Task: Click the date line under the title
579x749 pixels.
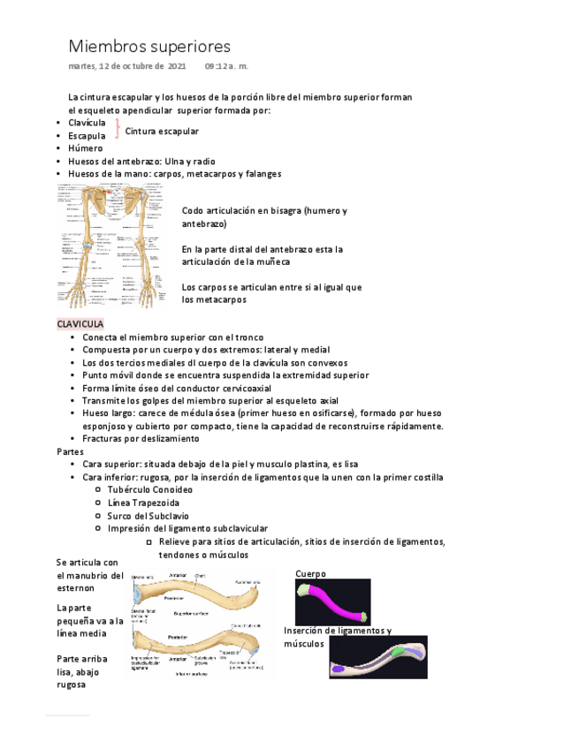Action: point(158,67)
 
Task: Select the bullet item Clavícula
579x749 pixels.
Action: point(87,123)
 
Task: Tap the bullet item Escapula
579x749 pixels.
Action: point(87,136)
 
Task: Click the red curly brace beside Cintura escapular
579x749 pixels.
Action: point(118,130)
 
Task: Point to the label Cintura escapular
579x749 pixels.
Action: point(162,131)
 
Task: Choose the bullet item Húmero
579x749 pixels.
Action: point(85,148)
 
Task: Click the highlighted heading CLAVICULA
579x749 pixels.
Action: point(80,324)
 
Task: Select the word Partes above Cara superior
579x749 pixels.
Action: point(71,451)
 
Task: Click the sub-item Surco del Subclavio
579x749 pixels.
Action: point(147,516)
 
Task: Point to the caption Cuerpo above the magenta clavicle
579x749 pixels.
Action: point(311,574)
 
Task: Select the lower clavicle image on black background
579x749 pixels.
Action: point(377,657)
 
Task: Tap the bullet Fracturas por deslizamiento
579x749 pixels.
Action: point(141,439)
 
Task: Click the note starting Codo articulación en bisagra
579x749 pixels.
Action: point(264,218)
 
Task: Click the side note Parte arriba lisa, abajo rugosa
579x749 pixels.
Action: point(82,671)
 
